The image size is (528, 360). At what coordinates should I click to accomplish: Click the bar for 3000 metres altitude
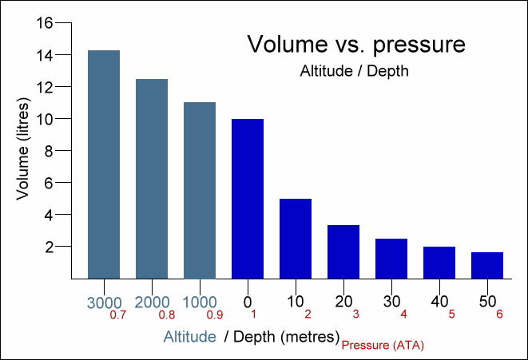point(104,164)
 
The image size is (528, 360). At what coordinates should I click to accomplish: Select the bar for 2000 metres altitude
point(152,179)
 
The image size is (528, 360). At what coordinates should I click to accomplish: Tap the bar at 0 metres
point(248,199)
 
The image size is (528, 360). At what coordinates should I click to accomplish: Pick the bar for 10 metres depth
point(296,239)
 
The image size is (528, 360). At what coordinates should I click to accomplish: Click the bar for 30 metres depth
point(391,259)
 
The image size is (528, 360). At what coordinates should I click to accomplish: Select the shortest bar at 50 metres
point(487,266)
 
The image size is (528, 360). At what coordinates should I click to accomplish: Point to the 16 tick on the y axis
point(45,23)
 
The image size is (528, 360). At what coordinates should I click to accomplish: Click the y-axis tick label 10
point(45,119)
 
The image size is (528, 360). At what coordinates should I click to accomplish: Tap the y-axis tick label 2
point(50,247)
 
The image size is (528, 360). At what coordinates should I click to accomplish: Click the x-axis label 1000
point(200,303)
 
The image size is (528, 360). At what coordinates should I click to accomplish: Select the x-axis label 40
point(439,302)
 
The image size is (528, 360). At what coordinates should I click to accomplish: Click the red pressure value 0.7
point(118,315)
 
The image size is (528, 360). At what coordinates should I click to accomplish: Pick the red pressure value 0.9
point(215,315)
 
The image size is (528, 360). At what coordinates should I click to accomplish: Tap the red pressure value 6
point(499,315)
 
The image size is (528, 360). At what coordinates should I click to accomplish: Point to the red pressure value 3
point(356,315)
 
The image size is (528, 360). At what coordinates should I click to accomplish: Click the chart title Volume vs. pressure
point(356,44)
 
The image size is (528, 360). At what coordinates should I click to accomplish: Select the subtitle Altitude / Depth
point(354,71)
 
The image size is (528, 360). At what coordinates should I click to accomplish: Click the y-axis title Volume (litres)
point(23,149)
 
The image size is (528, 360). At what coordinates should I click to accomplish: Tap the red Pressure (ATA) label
point(383,346)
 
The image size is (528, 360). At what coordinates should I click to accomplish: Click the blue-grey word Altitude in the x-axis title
point(190,337)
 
